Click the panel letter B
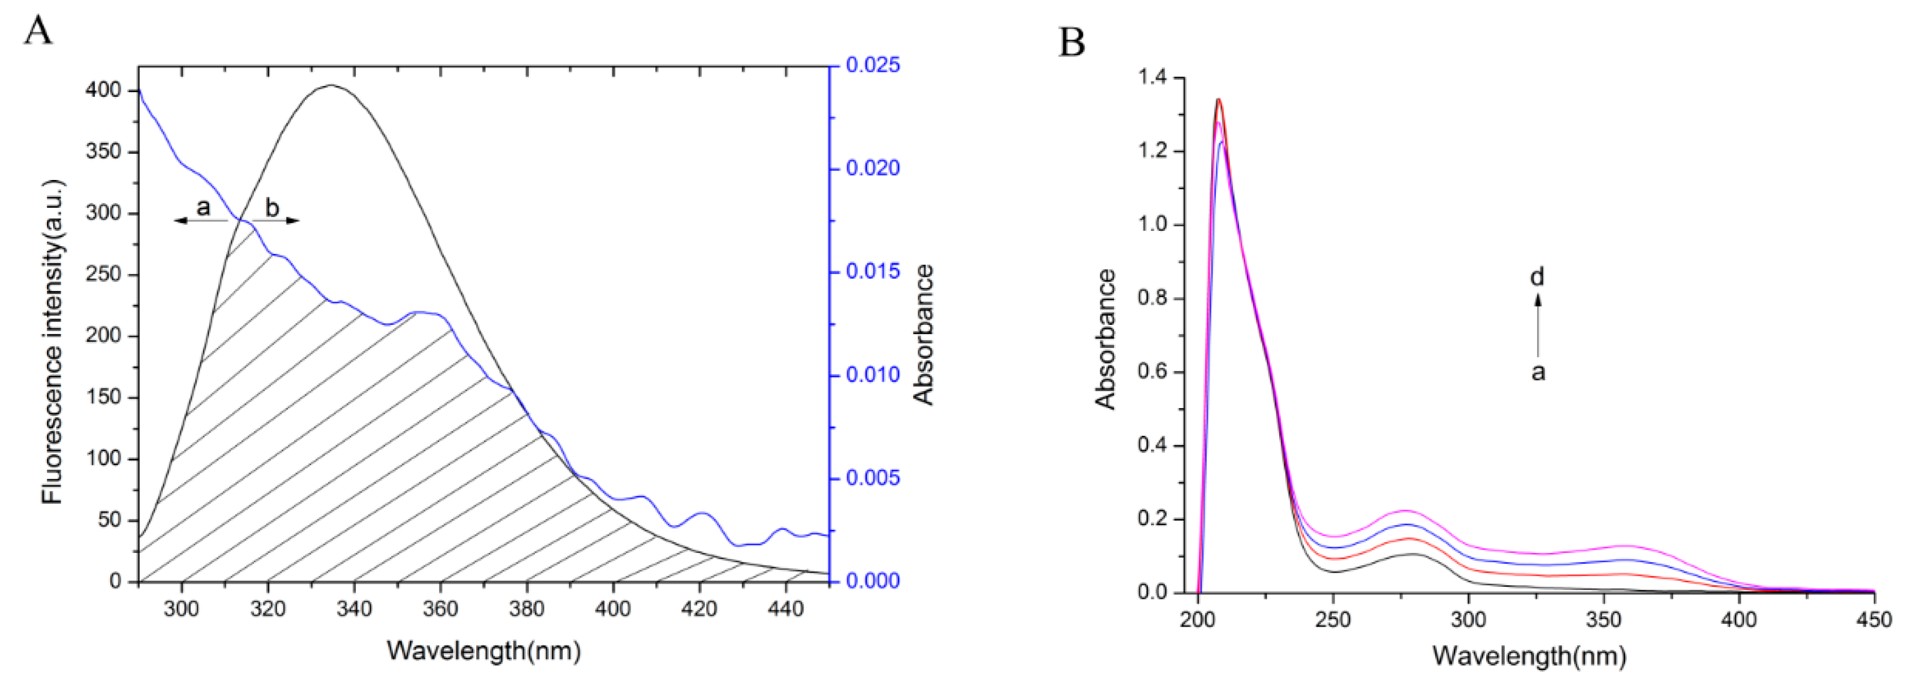[x=1072, y=42]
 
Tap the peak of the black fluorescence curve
[x=331, y=85]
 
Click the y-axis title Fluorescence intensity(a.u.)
[x=53, y=341]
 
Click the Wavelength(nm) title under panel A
[x=484, y=651]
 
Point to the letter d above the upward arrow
[x=1538, y=277]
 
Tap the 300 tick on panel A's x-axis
[x=182, y=610]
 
